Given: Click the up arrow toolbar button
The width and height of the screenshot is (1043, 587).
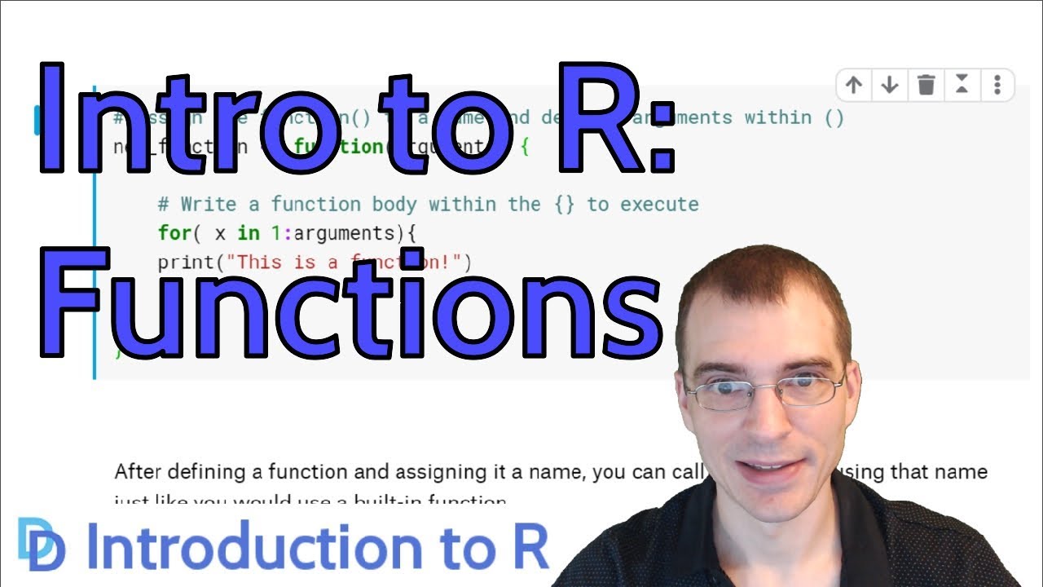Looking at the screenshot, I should (854, 85).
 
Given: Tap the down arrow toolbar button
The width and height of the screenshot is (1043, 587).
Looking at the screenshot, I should (890, 85).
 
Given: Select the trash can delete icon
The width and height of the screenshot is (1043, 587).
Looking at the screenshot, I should (926, 85).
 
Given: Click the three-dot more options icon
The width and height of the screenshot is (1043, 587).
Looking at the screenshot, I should (997, 85).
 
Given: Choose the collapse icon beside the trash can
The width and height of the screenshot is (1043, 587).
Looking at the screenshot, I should (962, 85).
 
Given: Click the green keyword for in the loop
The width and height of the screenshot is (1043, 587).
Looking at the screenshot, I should (174, 233).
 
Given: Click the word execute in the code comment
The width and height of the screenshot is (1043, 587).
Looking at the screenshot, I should (659, 204).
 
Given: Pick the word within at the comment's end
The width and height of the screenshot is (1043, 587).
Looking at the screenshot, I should (777, 117).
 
